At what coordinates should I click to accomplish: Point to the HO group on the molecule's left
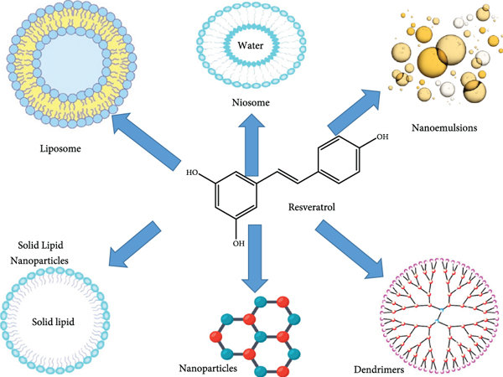pos(193,173)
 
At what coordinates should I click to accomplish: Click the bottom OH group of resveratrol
pos(239,243)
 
